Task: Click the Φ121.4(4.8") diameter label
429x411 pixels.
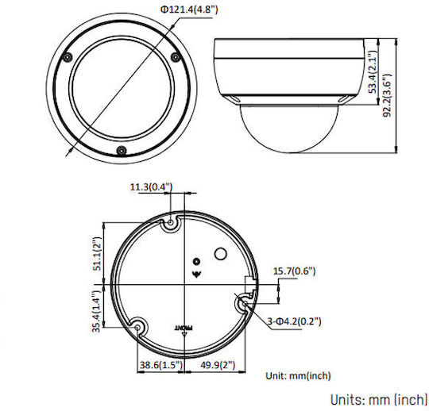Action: point(189,10)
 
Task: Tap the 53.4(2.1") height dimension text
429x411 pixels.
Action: point(373,72)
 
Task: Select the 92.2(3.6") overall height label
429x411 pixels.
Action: point(387,95)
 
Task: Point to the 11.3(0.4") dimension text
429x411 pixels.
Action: point(151,187)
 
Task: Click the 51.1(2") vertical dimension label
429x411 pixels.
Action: point(98,253)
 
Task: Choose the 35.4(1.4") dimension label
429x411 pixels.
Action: point(96,311)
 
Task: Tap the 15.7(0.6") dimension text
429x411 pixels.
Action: point(295,271)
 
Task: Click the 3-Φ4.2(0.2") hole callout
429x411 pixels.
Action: point(294,321)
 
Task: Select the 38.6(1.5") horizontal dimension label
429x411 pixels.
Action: point(160,365)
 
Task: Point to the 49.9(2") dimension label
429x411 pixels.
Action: point(218,365)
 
